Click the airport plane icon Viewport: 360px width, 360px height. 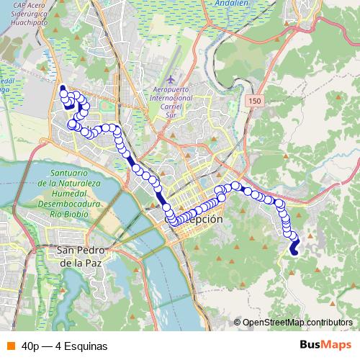169,77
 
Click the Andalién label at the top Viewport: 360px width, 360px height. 231,4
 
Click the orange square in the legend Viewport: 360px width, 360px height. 10,346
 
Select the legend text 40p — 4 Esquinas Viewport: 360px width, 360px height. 65,346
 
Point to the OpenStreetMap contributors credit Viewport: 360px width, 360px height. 297,323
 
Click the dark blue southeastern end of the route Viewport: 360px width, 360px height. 294,250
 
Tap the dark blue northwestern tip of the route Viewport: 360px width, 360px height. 63,89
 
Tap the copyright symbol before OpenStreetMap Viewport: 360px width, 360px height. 237,323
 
